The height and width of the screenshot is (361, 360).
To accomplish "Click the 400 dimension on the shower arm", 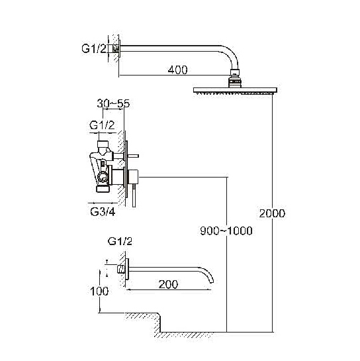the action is click(177, 70).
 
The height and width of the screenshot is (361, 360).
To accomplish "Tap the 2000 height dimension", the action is click(272, 213).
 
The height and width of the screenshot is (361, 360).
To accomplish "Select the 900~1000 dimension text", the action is click(226, 231).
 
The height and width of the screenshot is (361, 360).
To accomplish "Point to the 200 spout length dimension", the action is click(168, 285).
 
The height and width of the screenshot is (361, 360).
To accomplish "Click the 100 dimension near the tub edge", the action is click(99, 291).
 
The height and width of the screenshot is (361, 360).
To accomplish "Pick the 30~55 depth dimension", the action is click(113, 103).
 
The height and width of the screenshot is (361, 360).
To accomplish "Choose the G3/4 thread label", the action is click(103, 212).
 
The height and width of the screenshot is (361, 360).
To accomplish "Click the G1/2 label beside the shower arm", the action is click(94, 48).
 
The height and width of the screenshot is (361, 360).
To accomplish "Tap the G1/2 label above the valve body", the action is click(102, 125).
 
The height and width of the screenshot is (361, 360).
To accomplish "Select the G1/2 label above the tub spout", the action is click(120, 241).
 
